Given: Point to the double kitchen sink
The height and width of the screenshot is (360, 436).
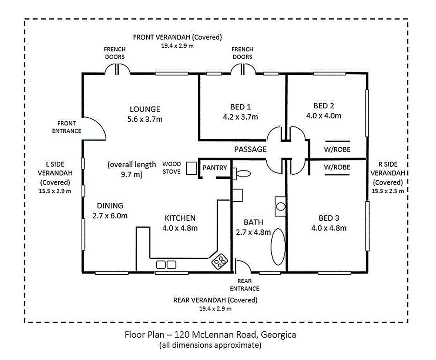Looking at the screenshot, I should coord(166,264).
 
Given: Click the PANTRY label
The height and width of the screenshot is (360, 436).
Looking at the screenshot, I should coord(215,168).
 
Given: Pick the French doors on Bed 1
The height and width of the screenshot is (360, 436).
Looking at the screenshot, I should coord(243,69).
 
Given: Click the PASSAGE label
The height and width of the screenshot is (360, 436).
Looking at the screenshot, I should coord(250,150).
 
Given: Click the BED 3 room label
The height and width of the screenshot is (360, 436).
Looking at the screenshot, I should coord(328,218).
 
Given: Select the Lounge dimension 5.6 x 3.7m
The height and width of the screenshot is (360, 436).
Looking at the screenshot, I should coord(145,119).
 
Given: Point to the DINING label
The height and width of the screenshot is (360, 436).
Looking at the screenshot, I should coord(110,206).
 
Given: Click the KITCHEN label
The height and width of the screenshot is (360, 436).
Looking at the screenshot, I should coord(180,218).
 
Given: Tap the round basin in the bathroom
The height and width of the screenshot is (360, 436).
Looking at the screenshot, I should coord(281,206).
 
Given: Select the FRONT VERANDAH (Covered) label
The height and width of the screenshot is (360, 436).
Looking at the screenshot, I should coord(177,37).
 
